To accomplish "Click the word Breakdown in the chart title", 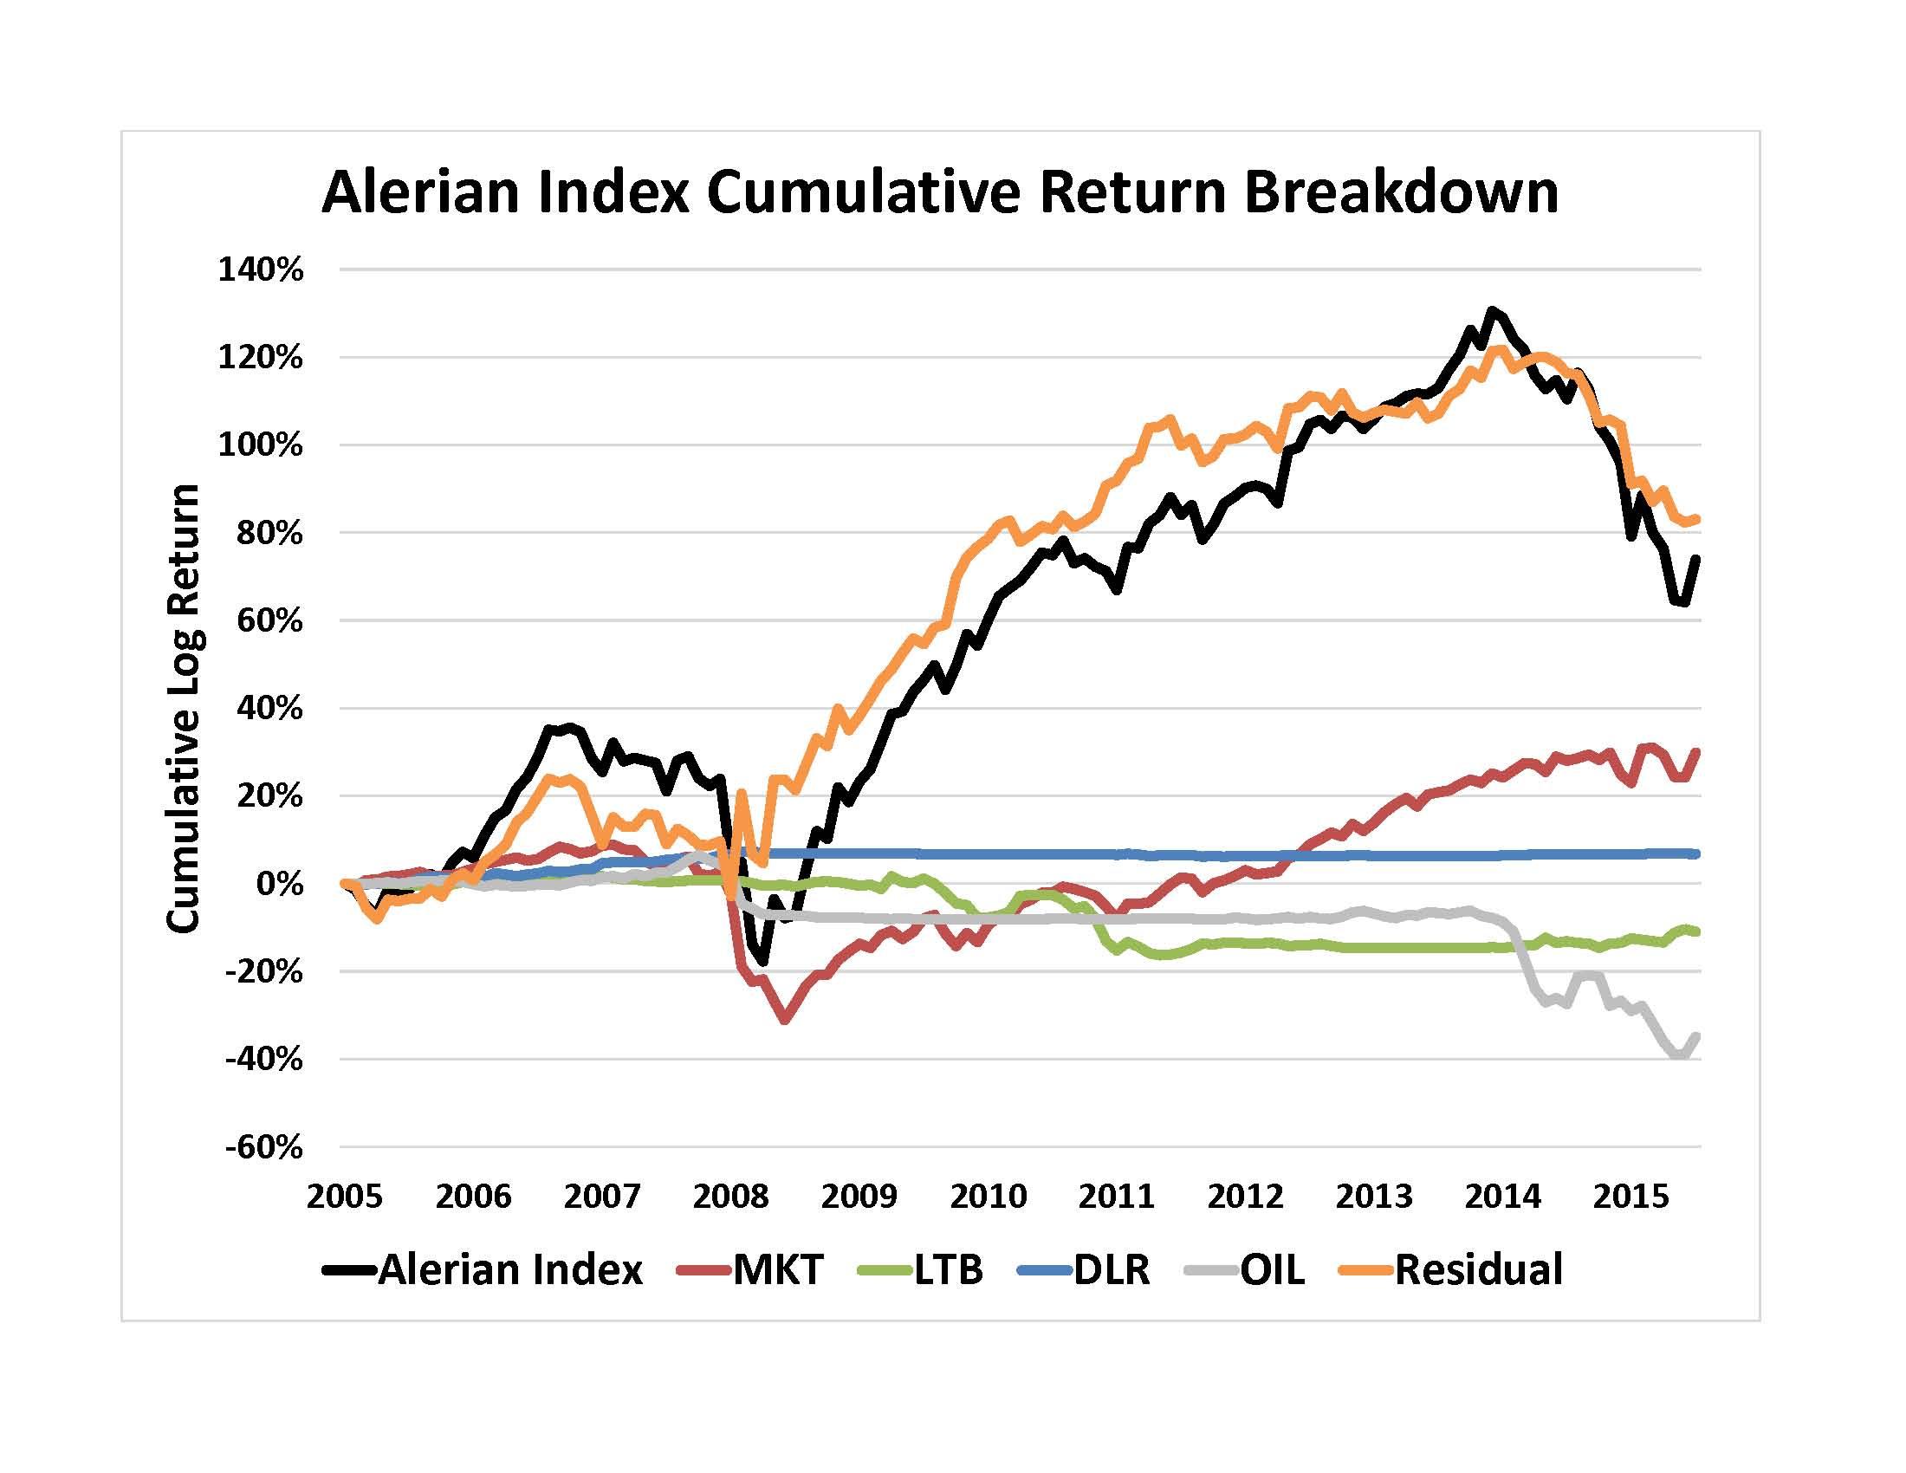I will tap(1402, 193).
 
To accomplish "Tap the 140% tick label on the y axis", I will tap(260, 269).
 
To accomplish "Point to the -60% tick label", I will tap(263, 1146).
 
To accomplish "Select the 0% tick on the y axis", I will tap(280, 884).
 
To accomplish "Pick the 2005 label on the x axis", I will tap(344, 1196).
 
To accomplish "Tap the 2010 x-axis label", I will tap(988, 1196).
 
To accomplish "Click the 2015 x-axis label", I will tap(1630, 1196).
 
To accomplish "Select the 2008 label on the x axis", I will tap(730, 1196).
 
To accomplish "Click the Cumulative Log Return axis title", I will tap(185, 708).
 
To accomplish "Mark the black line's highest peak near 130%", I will tap(1493, 311).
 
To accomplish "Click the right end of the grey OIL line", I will tap(1696, 1035).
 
